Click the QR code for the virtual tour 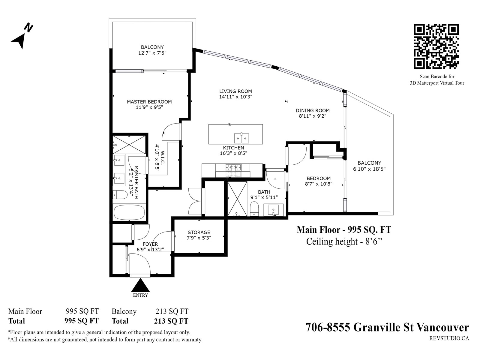pyautogui.click(x=436, y=46)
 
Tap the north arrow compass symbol pyautogui.click(x=22, y=36)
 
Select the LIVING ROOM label pyautogui.click(x=235, y=91)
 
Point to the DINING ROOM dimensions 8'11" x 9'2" pyautogui.click(x=313, y=116)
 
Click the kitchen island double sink pyautogui.click(x=241, y=138)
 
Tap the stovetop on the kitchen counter pyautogui.click(x=233, y=170)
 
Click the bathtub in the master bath pyautogui.click(x=129, y=212)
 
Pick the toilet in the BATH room pyautogui.click(x=254, y=209)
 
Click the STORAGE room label pyautogui.click(x=199, y=232)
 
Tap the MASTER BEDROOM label pyautogui.click(x=149, y=102)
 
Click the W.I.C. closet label pyautogui.click(x=162, y=157)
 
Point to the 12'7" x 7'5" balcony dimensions pyautogui.click(x=152, y=53)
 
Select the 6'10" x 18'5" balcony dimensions pyautogui.click(x=369, y=169)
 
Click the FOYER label pyautogui.click(x=150, y=244)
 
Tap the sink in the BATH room pyautogui.click(x=273, y=210)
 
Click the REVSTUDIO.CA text pyautogui.click(x=449, y=339)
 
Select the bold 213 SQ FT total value pyautogui.click(x=171, y=321)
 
